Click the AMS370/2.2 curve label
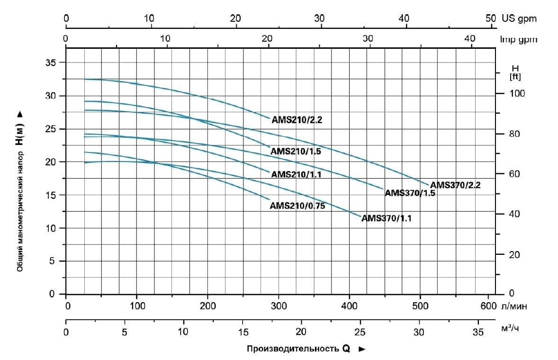(x=455, y=185)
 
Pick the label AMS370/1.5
(x=410, y=193)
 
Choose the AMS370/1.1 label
(x=387, y=218)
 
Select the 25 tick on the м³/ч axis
(x=360, y=331)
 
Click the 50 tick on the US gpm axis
(x=490, y=18)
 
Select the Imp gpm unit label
(x=519, y=39)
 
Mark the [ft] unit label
(x=515, y=77)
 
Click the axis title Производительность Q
(x=298, y=349)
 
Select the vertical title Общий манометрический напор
(x=20, y=208)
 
